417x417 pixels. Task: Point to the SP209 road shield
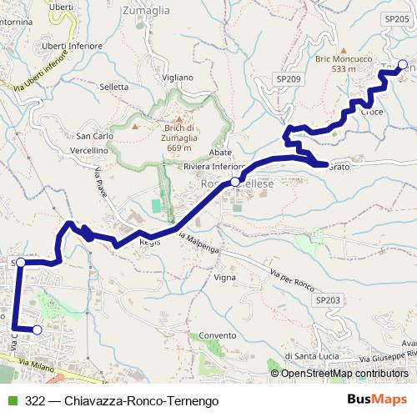point(287,78)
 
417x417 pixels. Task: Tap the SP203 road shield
point(329,299)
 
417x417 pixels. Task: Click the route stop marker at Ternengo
point(403,65)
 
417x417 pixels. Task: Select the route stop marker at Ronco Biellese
point(235,181)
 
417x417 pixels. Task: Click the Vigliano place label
point(178,78)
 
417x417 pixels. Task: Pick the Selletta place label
point(113,87)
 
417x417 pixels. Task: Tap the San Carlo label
point(94,136)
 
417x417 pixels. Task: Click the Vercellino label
point(89,150)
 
